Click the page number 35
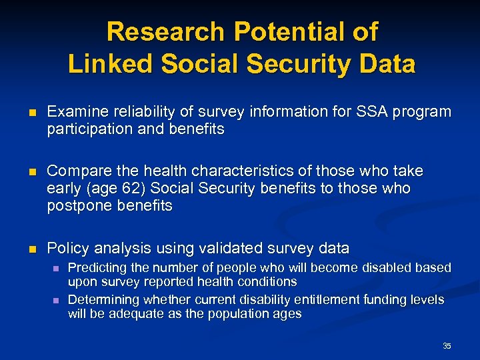point(447,345)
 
